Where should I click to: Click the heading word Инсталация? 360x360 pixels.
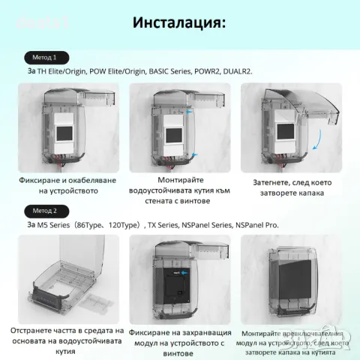coord(178,22)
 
